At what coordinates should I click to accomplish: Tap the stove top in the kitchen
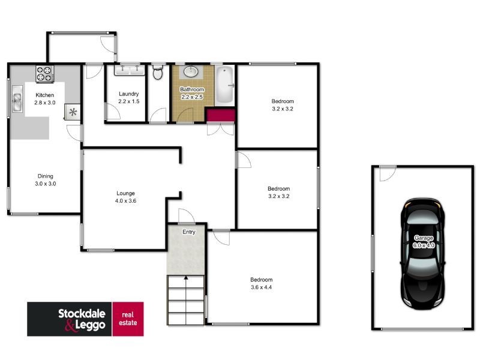[44, 74]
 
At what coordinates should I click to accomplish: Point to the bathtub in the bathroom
[224, 85]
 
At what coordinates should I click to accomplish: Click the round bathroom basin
[191, 72]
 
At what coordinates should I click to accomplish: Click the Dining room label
[45, 176]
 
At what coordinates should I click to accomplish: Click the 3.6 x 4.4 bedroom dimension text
[262, 287]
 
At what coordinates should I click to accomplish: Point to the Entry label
[189, 232]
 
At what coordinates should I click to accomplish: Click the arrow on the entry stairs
[186, 278]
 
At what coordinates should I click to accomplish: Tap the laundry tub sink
[130, 70]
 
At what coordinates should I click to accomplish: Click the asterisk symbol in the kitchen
[73, 112]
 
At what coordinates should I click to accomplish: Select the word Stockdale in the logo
[82, 313]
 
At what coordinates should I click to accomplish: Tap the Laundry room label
[128, 94]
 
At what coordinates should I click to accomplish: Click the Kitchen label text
[45, 95]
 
